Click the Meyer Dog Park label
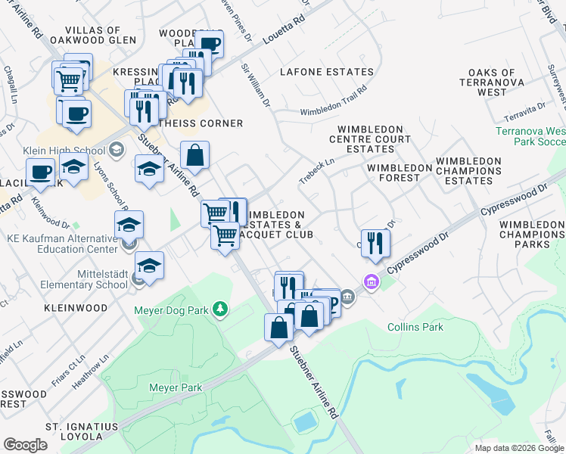click(172, 309)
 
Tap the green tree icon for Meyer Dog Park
click(219, 309)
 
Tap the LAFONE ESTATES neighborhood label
click(326, 73)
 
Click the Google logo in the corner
click(25, 445)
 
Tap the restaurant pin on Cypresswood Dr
click(375, 242)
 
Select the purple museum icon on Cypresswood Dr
click(371, 282)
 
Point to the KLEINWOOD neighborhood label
click(76, 309)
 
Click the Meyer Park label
click(176, 388)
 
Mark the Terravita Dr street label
click(526, 112)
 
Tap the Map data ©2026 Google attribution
click(518, 448)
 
